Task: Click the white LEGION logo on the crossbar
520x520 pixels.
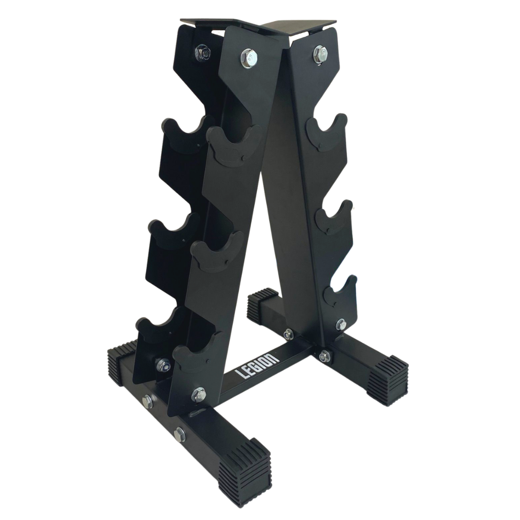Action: (256, 366)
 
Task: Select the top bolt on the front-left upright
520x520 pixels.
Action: (247, 56)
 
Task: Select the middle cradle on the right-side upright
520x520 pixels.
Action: (334, 217)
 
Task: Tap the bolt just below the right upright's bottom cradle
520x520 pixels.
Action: (340, 324)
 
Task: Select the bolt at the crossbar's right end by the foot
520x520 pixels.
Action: (324, 356)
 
